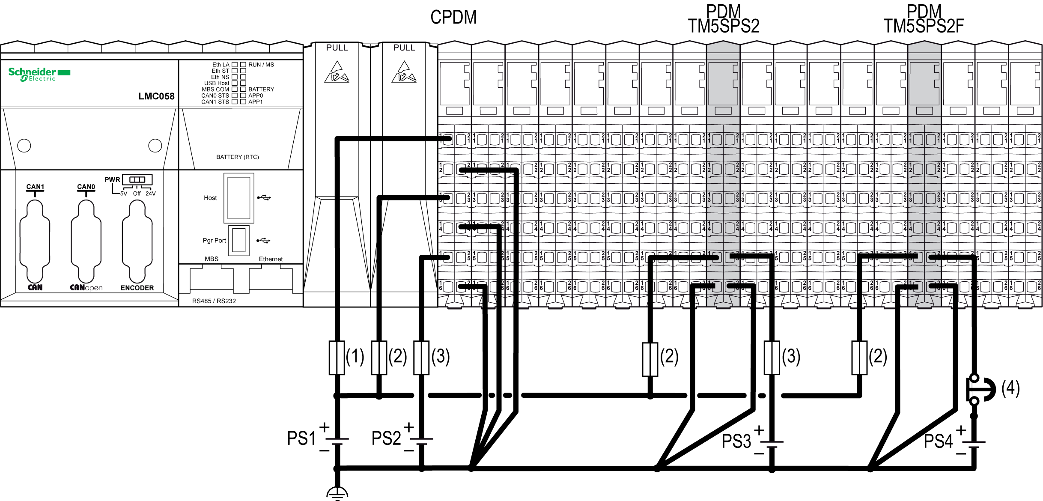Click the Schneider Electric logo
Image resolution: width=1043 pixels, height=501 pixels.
click(x=39, y=74)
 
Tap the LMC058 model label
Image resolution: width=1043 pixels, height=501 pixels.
click(x=156, y=96)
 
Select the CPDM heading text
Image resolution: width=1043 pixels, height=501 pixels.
click(x=453, y=18)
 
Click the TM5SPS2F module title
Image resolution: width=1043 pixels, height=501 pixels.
click(x=924, y=26)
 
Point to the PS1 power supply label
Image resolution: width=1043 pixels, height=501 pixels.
click(x=301, y=438)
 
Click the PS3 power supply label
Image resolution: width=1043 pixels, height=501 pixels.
click(x=736, y=441)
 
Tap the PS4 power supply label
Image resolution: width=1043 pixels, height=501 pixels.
click(x=938, y=441)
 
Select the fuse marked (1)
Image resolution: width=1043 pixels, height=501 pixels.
click(x=337, y=358)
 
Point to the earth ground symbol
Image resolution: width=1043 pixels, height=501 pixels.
click(x=337, y=493)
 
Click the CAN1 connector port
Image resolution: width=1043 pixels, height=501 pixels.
click(x=35, y=242)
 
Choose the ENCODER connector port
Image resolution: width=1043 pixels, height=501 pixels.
click(x=137, y=242)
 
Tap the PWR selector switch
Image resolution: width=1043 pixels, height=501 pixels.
click(x=137, y=179)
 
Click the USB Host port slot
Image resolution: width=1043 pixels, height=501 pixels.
click(x=238, y=198)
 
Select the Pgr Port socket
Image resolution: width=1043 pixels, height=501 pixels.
click(x=238, y=240)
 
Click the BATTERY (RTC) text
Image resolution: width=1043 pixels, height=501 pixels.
click(x=238, y=157)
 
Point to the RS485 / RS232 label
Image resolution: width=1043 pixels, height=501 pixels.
click(x=214, y=301)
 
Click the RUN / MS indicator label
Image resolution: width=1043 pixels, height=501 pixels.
click(x=261, y=65)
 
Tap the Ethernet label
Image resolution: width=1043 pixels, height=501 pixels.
click(x=271, y=259)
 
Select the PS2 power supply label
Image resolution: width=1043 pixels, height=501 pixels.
click(x=386, y=438)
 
